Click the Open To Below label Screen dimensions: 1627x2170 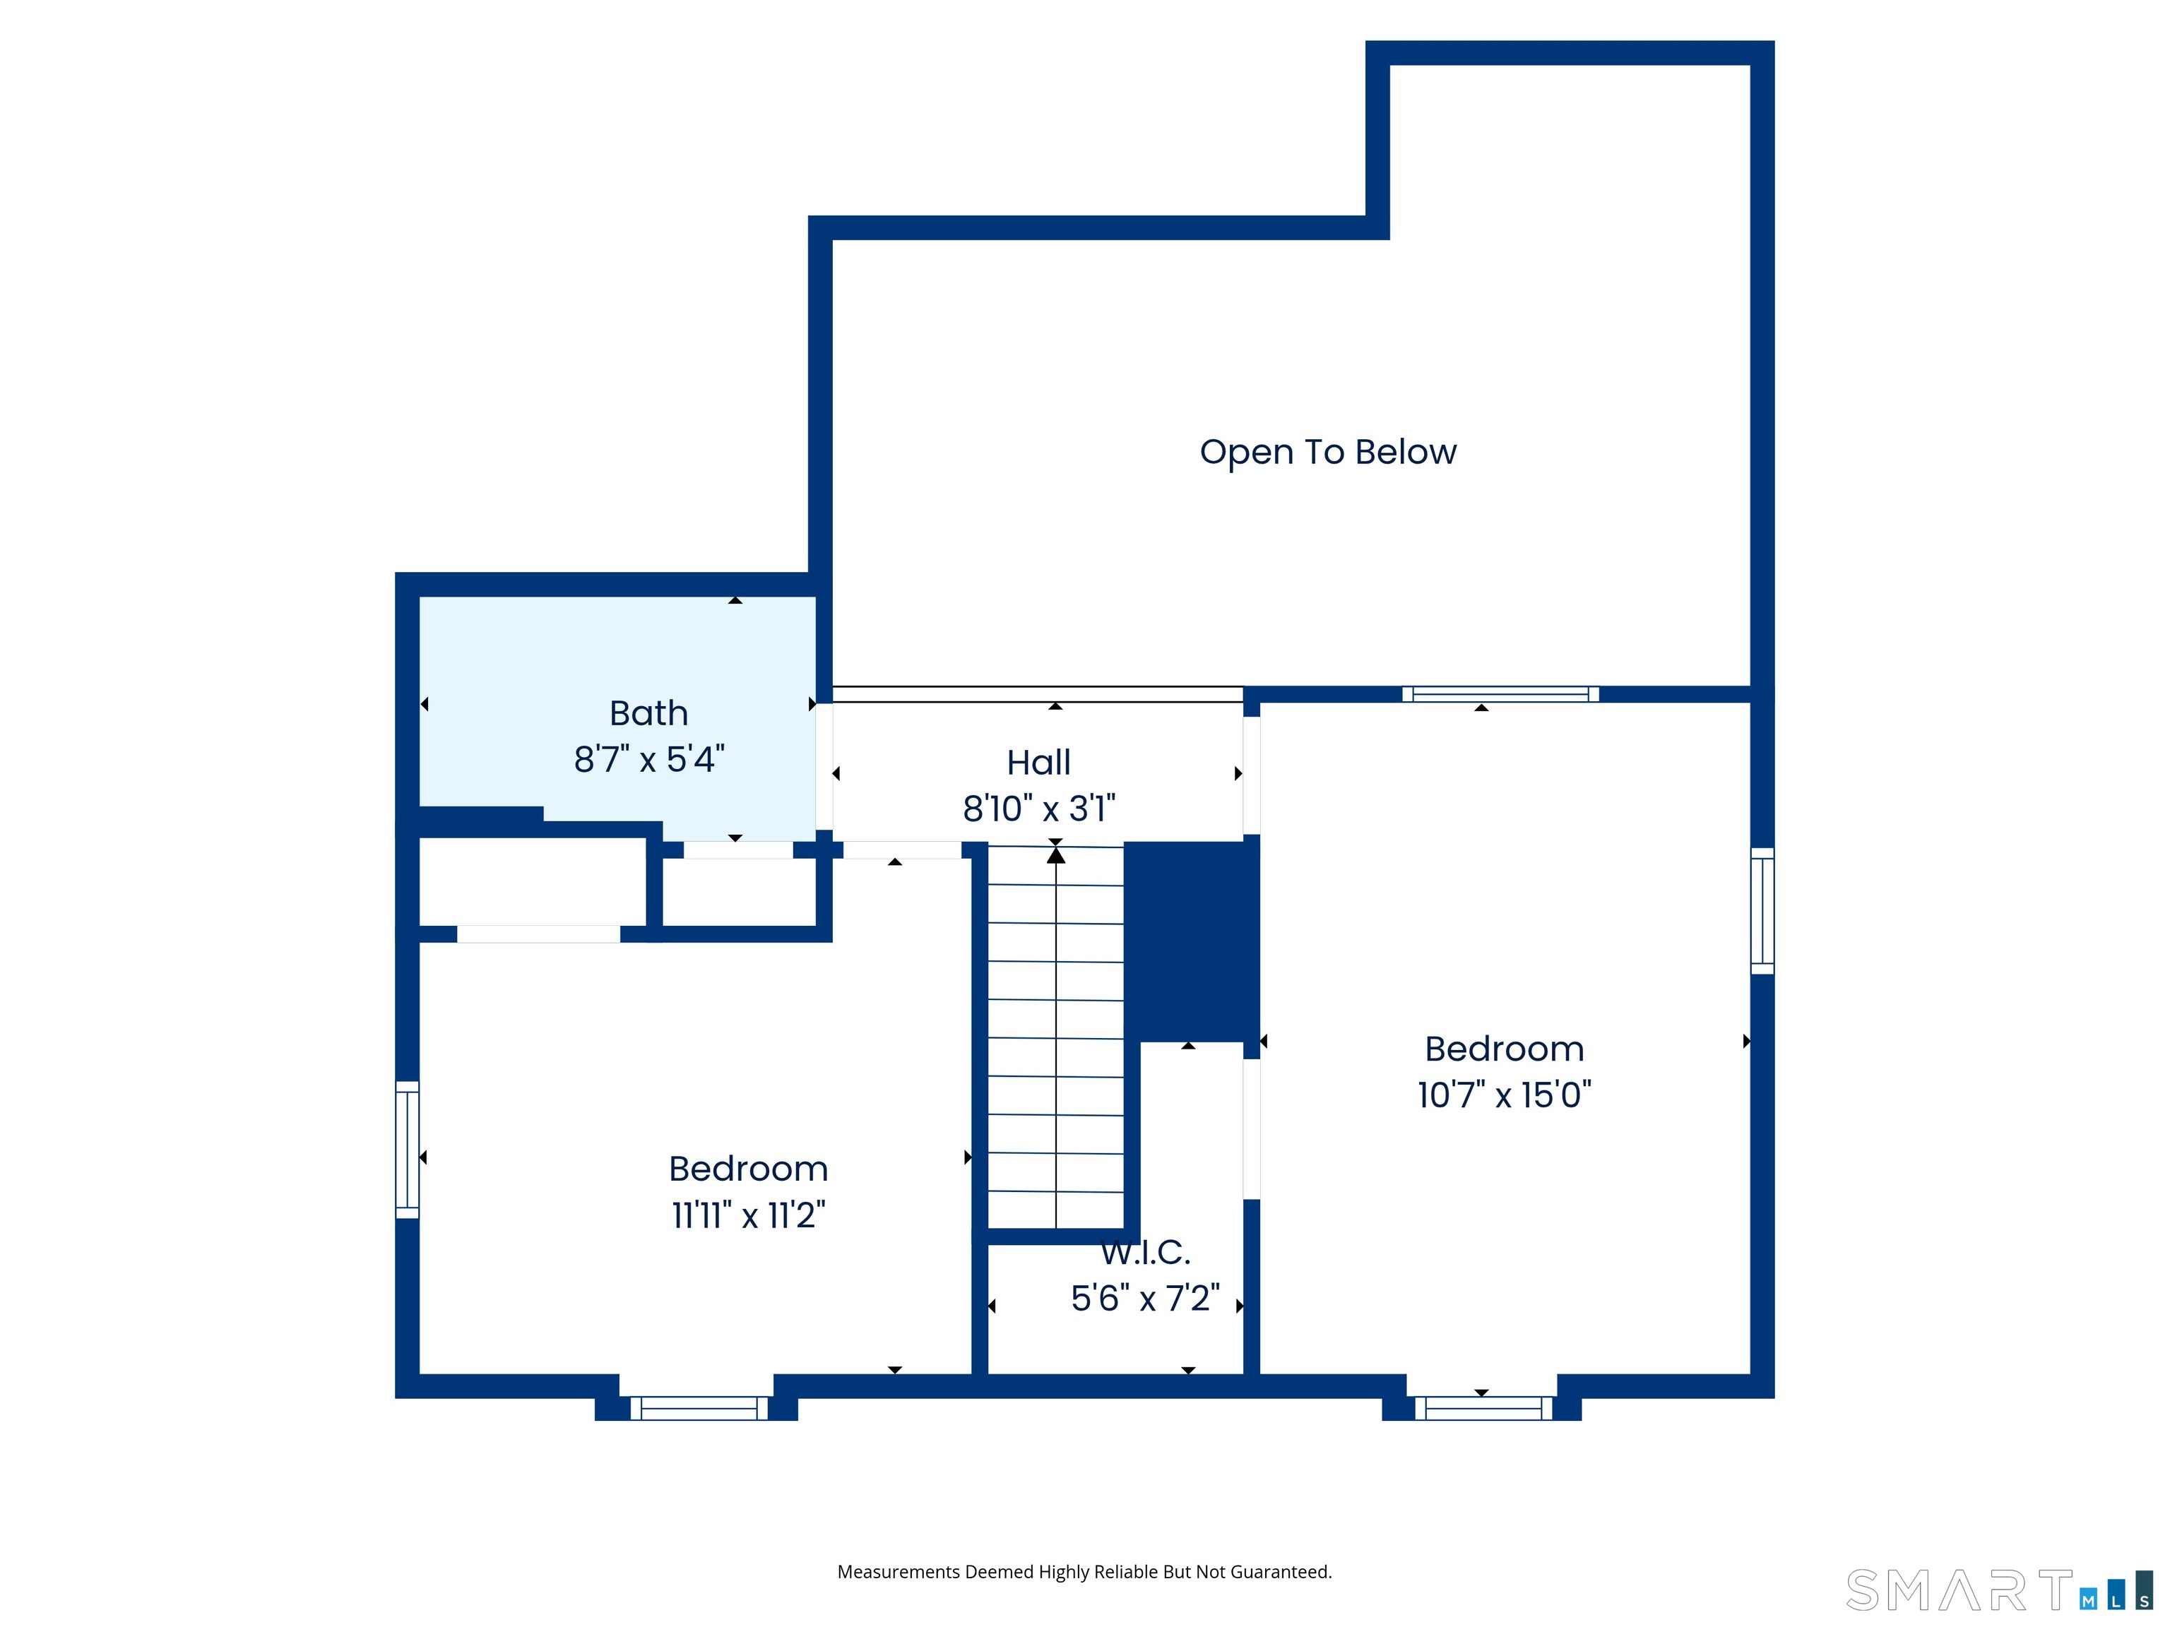1327,452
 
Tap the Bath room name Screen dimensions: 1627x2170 648,713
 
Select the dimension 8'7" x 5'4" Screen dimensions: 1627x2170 648,759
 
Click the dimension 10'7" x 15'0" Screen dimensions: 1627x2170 1504,1095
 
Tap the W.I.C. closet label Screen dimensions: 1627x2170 1145,1252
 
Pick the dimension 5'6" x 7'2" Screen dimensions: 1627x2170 1145,1299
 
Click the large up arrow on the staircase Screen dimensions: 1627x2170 1055,856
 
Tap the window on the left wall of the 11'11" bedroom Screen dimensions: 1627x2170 407,1150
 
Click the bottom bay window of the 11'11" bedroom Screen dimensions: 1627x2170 699,1408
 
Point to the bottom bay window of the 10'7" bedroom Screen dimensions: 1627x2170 1482,1408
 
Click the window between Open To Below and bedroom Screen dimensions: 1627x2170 1500,694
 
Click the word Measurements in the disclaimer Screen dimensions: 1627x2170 898,1572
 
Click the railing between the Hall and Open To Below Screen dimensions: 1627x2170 1037,694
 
